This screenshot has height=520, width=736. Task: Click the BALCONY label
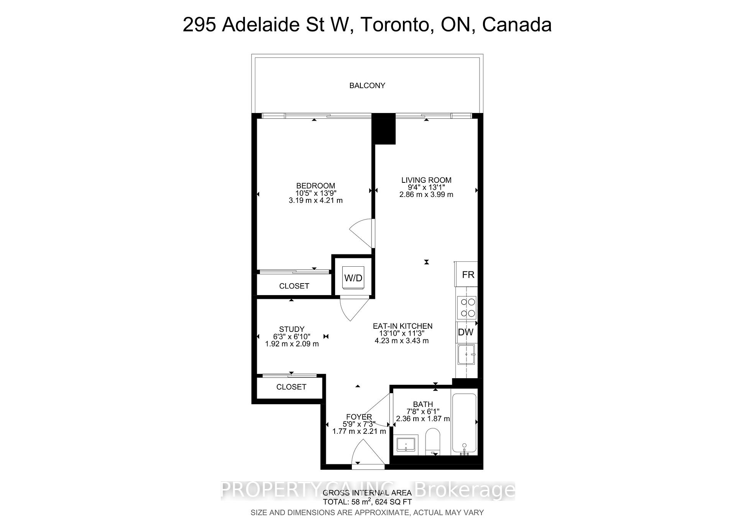(367, 85)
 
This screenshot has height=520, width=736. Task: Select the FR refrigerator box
(467, 274)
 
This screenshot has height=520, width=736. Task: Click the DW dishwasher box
(466, 332)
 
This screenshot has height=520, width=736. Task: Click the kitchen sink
(466, 355)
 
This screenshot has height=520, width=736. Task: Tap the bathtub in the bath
(464, 423)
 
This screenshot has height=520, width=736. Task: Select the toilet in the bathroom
(434, 441)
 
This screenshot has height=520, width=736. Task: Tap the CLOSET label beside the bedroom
(294, 286)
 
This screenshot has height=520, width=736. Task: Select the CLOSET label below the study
(291, 387)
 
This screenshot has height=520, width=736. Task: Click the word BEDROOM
(315, 186)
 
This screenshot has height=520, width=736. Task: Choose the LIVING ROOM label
(426, 180)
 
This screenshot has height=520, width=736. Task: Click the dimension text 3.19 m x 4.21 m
(315, 200)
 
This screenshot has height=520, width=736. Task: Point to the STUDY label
(292, 329)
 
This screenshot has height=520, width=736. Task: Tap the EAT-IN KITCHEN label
(402, 326)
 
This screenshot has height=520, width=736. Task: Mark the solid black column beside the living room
(384, 129)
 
